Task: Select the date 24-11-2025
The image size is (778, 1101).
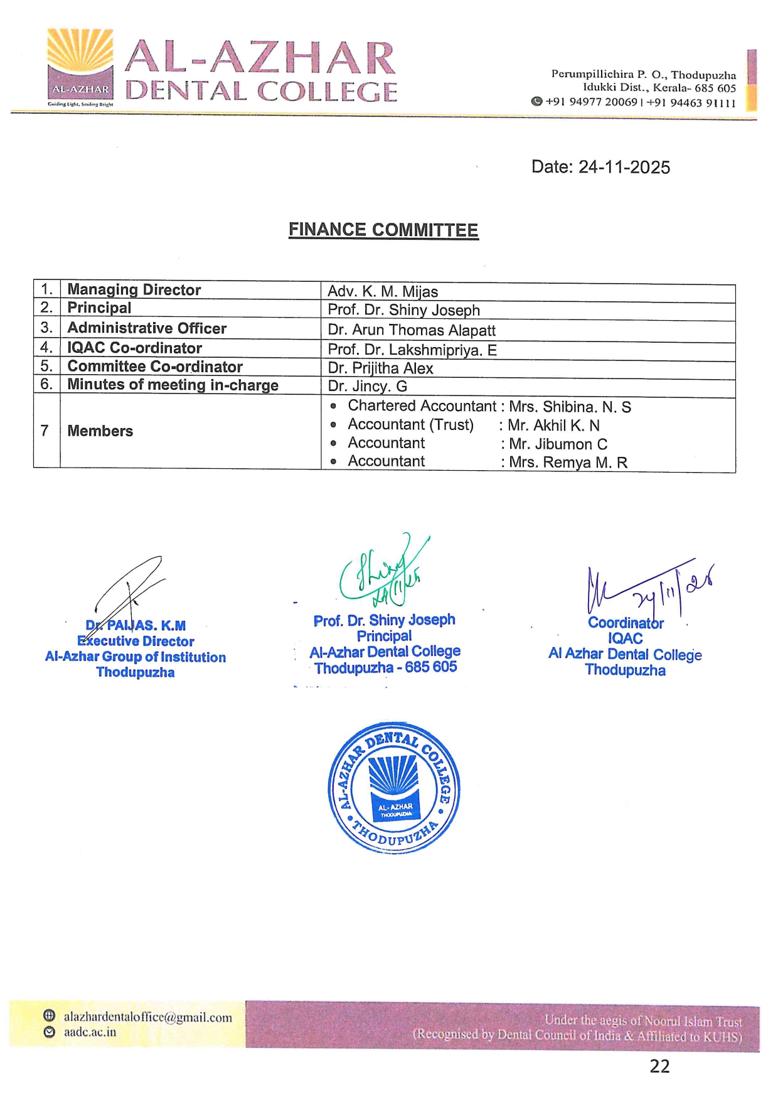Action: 624,167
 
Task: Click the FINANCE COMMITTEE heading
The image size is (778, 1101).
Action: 383,230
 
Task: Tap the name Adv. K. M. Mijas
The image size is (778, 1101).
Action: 383,291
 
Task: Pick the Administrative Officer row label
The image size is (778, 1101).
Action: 147,328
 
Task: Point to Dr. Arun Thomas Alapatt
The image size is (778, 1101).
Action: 412,330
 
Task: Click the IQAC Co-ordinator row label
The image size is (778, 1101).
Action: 134,348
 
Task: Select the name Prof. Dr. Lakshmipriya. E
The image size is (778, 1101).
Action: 412,350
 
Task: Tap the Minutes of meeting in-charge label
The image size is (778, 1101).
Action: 173,385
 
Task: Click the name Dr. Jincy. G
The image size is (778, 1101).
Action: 367,387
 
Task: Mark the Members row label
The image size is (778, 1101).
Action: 100,431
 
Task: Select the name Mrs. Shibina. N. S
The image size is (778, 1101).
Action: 570,407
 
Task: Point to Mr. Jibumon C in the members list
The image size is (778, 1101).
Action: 558,444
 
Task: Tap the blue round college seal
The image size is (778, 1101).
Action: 394,787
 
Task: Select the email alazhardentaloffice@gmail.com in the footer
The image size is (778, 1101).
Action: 147,1018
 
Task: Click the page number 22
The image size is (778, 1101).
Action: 659,1066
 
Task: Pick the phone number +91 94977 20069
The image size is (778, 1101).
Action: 591,102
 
